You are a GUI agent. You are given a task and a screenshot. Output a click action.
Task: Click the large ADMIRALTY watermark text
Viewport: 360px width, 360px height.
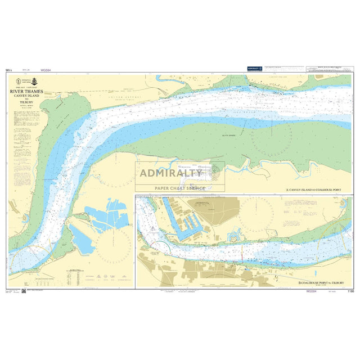[171, 173]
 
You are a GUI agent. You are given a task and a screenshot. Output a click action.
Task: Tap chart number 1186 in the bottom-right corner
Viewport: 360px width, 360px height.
[351, 291]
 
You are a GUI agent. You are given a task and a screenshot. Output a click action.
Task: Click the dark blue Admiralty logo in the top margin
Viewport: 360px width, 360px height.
[254, 69]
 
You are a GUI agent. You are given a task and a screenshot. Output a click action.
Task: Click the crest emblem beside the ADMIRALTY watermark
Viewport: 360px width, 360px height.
[215, 171]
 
